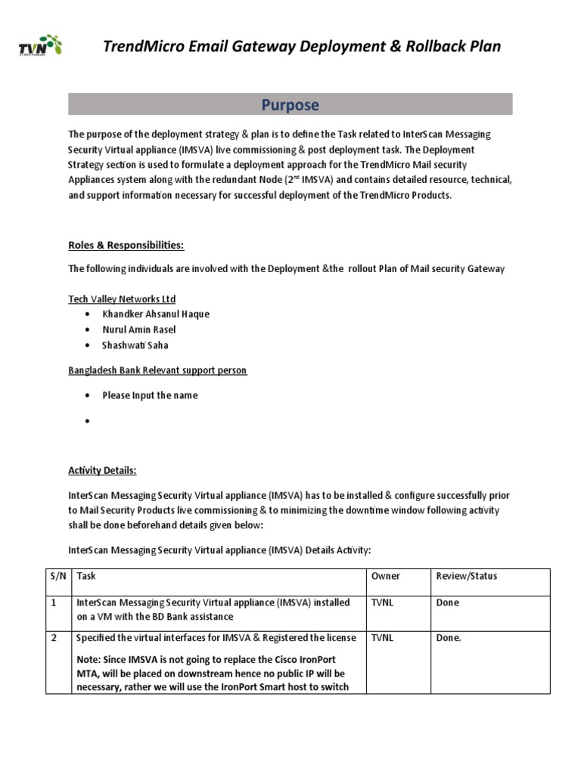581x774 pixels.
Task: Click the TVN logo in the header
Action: [41, 48]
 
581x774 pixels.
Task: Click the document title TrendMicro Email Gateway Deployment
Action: [301, 47]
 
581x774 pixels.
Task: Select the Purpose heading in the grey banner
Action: [290, 104]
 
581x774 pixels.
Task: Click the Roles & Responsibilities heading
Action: [126, 245]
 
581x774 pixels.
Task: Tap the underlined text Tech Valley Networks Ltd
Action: [122, 299]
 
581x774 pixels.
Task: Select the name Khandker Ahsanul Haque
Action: [156, 314]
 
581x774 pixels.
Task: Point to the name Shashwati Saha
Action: [135, 345]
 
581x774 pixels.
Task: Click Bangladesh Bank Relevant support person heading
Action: [157, 370]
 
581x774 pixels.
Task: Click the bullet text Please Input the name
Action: [150, 395]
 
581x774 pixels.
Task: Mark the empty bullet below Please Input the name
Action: [88, 421]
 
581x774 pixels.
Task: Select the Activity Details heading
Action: [102, 470]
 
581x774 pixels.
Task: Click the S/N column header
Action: [58, 576]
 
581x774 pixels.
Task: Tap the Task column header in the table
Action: [86, 576]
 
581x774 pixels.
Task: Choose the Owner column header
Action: [385, 576]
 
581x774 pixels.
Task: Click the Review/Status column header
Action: [467, 576]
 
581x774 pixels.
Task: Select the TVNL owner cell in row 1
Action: [383, 603]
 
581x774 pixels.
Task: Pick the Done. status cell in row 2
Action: [449, 638]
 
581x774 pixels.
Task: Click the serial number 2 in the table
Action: [54, 638]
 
